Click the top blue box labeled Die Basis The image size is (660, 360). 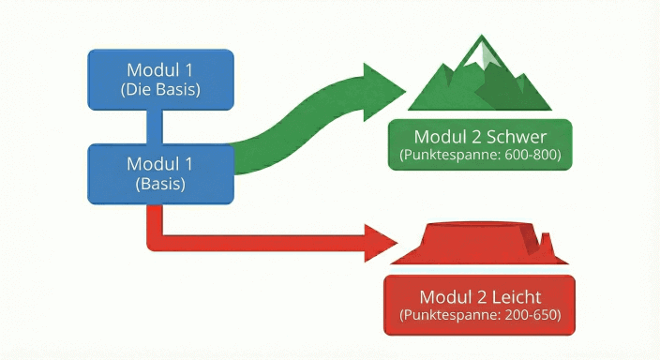[161, 79]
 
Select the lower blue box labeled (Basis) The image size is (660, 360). [161, 173]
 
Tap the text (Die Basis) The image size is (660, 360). [161, 90]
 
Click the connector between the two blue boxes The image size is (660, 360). [161, 127]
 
